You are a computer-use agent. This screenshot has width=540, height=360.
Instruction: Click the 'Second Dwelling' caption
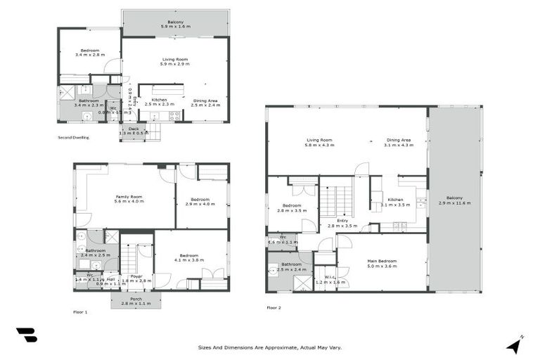(73, 138)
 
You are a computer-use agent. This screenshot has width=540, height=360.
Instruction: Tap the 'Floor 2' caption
(274, 307)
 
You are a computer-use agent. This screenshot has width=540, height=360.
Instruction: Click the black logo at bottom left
(26, 335)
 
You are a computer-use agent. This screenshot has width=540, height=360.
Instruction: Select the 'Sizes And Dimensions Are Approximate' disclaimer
(270, 347)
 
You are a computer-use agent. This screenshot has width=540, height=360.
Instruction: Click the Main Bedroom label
(382, 264)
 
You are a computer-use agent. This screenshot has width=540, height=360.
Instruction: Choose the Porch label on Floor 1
(136, 300)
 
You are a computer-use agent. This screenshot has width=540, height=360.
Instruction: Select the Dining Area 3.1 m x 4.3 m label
(398, 143)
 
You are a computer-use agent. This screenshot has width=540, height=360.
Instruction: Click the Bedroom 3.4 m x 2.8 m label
(89, 52)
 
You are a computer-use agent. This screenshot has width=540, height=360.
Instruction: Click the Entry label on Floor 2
(342, 223)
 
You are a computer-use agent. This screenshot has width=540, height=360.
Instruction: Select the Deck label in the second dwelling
(133, 131)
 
